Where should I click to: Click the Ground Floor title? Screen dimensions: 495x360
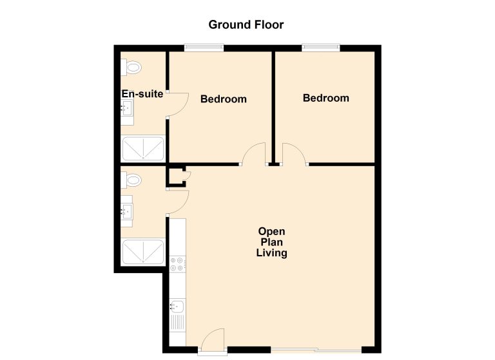246,24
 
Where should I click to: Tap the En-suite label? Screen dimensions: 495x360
142,94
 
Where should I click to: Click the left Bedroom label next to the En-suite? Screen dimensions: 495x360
224,99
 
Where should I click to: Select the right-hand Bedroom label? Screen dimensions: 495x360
325,98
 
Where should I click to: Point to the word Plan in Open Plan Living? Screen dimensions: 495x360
272,242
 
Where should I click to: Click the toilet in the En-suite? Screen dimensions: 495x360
131,67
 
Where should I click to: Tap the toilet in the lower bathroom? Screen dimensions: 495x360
131,180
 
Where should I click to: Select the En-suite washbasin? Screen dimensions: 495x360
127,108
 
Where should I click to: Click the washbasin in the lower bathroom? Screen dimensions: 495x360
127,211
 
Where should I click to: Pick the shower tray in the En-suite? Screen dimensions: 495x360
143,148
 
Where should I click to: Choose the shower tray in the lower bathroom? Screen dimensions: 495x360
143,251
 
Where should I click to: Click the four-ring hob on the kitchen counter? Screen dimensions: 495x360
177,264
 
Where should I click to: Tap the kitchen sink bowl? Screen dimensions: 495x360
177,306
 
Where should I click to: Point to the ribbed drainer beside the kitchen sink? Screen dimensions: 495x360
178,323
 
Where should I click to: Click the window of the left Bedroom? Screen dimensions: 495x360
204,48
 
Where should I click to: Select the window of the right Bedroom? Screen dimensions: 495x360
321,48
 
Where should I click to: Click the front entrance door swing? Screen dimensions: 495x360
213,340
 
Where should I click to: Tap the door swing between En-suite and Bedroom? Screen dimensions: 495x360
178,105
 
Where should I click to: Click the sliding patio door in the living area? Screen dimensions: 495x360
316,350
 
